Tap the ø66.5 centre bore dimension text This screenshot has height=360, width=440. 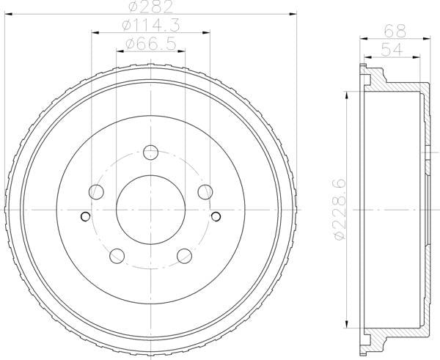click(151, 45)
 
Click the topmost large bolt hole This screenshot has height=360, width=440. click(151, 153)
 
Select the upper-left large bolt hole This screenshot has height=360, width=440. click(97, 192)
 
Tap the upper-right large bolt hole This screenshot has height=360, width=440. click(205, 192)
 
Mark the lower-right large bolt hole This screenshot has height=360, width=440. click(185, 256)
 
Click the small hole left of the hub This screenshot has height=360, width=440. click(85, 216)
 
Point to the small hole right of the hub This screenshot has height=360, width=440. click(217, 216)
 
